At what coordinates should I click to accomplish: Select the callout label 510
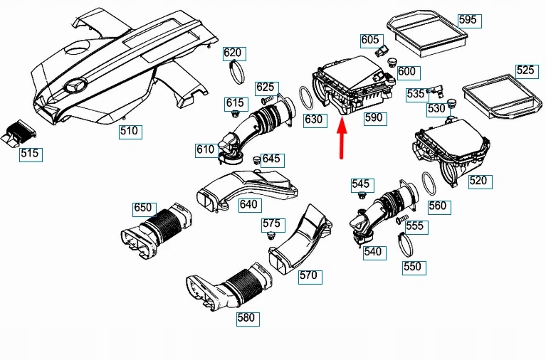pos(129,131)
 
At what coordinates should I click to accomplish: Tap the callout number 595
pos(467,20)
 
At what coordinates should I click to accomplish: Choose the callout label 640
pos(248,204)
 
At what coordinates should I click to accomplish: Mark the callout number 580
pos(246,318)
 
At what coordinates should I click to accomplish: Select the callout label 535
pos(416,94)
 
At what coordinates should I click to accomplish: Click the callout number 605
pos(370,40)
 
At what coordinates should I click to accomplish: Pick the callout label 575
pos(271,223)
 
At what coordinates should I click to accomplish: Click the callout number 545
pos(361,185)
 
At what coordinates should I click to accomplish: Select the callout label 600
pos(406,72)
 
